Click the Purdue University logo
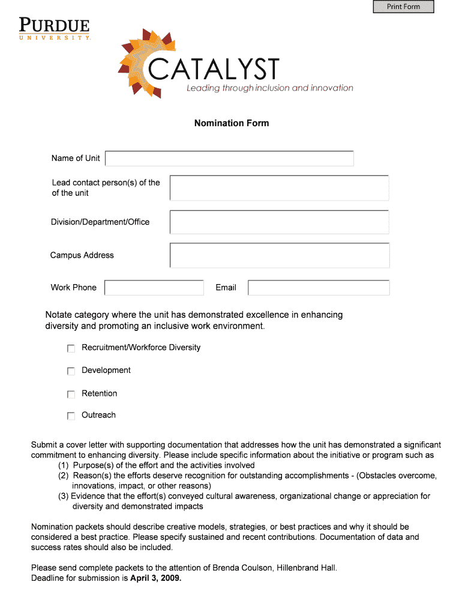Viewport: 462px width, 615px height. tap(54, 29)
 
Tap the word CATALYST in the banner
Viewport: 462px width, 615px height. tap(214, 70)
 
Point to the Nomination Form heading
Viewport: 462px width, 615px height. tap(232, 123)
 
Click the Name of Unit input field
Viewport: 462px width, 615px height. tap(229, 159)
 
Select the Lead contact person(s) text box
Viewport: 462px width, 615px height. tap(279, 187)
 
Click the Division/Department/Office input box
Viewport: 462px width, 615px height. tap(279, 222)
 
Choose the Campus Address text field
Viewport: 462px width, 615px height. tap(279, 255)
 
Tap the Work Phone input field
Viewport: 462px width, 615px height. tap(154, 288)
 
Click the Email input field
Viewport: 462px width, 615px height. tap(319, 288)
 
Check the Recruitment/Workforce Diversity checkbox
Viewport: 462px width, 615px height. tap(71, 348)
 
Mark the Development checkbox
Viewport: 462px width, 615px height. tap(71, 371)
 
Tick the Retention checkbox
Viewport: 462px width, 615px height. tap(71, 395)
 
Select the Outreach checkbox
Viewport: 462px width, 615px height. tap(71, 416)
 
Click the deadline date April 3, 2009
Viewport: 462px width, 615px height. tap(155, 579)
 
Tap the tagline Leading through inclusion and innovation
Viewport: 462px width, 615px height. tap(270, 88)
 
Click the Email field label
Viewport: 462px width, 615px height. tap(226, 288)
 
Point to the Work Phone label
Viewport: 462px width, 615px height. tap(74, 288)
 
